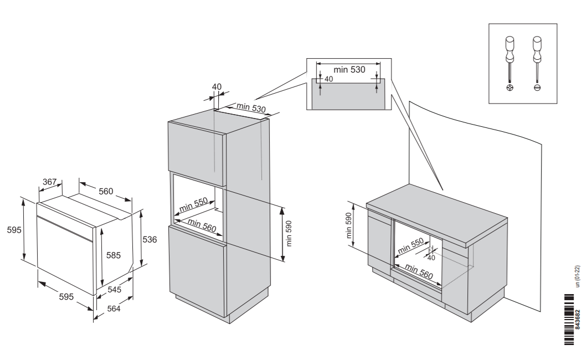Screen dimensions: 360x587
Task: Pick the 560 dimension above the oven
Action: pos(106,192)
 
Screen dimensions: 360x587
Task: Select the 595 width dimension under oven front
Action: pos(66,297)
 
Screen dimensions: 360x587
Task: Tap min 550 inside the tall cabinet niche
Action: pos(194,204)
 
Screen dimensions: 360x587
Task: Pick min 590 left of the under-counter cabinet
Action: pos(349,226)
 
